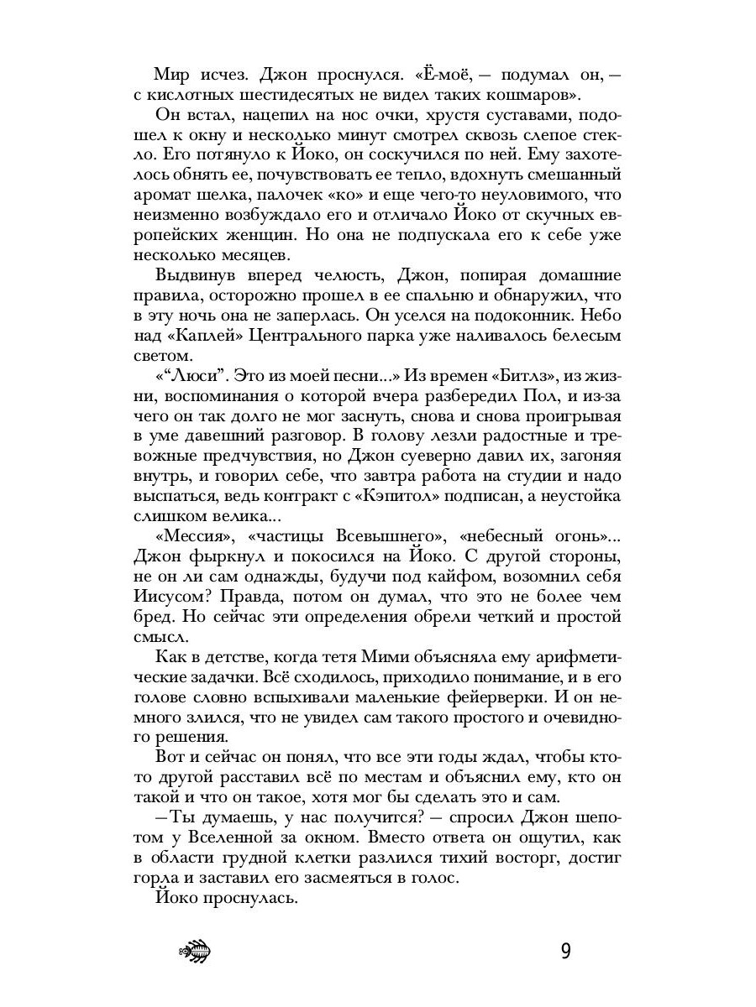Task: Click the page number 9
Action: (565, 952)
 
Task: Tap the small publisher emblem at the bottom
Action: (195, 952)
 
